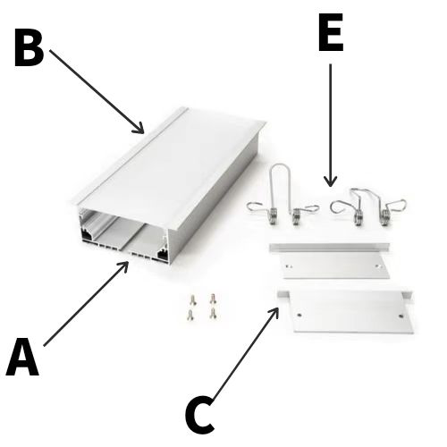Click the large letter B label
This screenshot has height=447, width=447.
tap(30, 47)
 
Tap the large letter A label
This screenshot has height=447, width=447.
tap(22, 357)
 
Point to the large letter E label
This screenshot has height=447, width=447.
tap(331, 32)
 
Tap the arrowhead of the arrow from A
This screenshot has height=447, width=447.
tap(124, 266)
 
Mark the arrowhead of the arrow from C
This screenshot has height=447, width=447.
tap(275, 312)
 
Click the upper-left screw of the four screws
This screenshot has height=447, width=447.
tap(193, 299)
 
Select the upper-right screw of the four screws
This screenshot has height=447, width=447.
tap(213, 299)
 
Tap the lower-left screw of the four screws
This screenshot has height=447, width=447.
tap(190, 315)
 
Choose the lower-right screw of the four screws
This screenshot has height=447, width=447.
tap(213, 313)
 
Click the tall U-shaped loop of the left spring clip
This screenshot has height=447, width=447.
tap(280, 164)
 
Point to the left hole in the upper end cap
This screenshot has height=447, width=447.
tap(289, 266)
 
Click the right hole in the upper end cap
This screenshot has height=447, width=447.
tap(378, 266)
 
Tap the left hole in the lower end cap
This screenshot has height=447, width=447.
tap(299, 315)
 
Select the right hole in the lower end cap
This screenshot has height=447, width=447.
tap(401, 316)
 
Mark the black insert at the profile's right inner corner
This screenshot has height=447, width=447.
tap(162, 254)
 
